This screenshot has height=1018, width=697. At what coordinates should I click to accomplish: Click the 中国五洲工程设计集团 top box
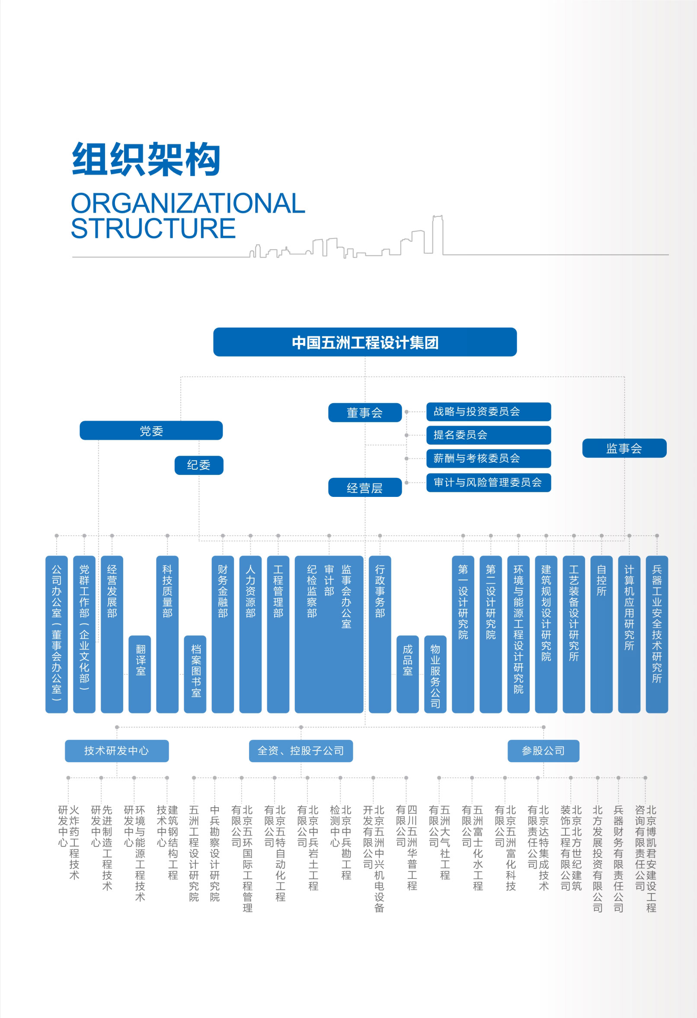[365, 342]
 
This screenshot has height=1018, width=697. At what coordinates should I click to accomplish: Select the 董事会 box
[365, 413]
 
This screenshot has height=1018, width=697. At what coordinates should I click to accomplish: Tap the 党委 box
[151, 431]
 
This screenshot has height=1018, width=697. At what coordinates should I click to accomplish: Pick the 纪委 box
[198, 465]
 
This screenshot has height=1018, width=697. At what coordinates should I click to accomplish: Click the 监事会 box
[624, 448]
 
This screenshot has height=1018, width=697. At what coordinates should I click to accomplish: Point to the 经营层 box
[365, 487]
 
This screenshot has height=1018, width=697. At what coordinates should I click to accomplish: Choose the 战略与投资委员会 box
[488, 412]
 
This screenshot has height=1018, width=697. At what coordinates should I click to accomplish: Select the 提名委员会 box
[488, 435]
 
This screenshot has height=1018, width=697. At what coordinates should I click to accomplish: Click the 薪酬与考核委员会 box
[488, 458]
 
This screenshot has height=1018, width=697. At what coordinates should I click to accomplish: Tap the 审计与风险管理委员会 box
[488, 483]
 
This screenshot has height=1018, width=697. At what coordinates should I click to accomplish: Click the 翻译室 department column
[140, 674]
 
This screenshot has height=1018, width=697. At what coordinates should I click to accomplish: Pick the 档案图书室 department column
[195, 674]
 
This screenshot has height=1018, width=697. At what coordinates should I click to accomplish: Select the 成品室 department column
[408, 674]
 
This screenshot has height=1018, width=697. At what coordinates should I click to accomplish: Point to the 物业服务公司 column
[435, 674]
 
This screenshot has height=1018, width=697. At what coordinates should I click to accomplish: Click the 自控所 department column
[601, 634]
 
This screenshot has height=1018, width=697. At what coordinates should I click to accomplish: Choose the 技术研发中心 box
[117, 751]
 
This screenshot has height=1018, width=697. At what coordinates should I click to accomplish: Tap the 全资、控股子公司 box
[301, 751]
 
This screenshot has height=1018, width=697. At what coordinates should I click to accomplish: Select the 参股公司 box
[543, 751]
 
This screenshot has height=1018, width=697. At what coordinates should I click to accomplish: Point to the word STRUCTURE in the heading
[153, 228]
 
